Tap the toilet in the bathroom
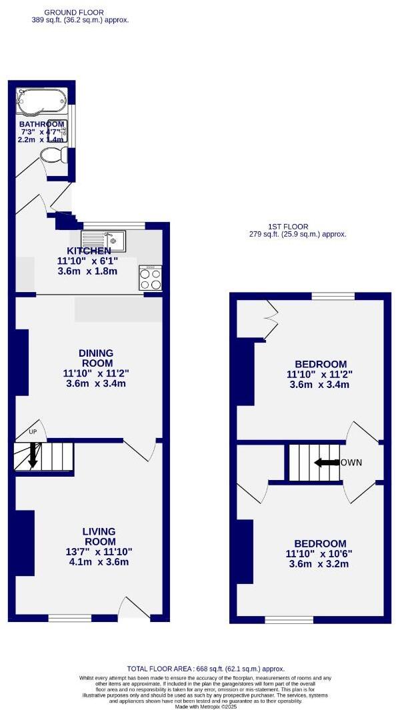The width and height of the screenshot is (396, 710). coord(53,155)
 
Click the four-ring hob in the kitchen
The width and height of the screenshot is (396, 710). coord(150,277)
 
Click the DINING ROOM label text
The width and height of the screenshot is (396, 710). coord(96,358)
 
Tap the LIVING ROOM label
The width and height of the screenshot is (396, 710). coord(99,537)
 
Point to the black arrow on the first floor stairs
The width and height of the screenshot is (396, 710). coord(327,463)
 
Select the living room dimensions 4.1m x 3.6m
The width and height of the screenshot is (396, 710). coord(99,562)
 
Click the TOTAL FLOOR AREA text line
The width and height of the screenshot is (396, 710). coord(205,669)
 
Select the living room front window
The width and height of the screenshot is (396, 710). coord(69,619)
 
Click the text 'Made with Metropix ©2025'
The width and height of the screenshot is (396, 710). coord(205,707)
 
